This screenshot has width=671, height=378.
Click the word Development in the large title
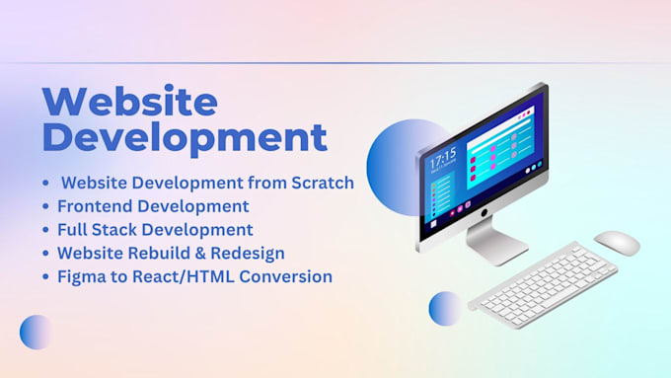[185, 136]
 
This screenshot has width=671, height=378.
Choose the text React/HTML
[183, 276]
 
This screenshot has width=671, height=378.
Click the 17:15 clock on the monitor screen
[443, 158]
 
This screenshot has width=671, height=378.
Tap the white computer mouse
[616, 242]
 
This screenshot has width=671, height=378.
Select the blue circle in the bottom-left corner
[37, 332]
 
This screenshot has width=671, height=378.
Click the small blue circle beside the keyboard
[444, 308]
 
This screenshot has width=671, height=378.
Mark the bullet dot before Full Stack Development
[45, 231]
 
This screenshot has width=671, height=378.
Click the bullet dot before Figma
[45, 277]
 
